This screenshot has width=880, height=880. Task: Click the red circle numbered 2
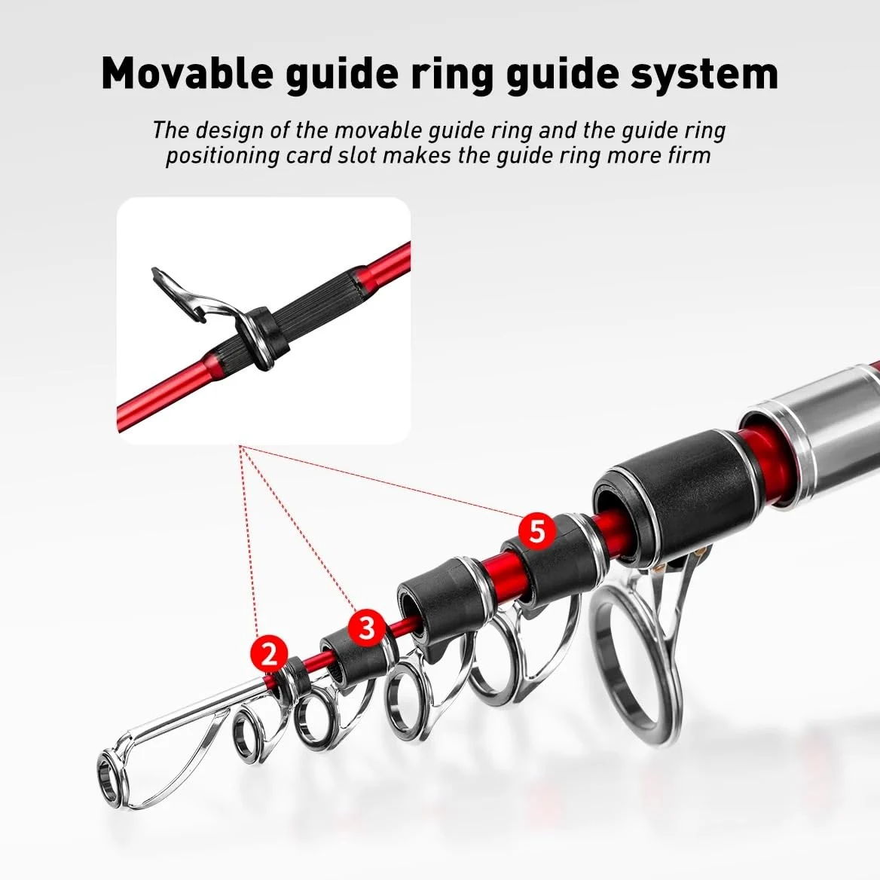click(x=269, y=653)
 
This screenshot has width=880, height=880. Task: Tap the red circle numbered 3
click(x=366, y=626)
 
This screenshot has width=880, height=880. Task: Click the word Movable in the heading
click(x=188, y=74)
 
